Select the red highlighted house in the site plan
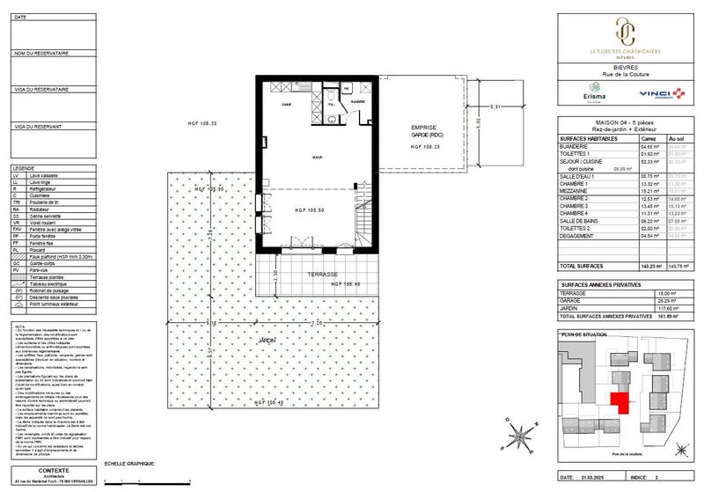[621, 403]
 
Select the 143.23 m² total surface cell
[649, 265]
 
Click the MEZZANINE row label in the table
[578, 189]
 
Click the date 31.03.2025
[597, 479]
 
